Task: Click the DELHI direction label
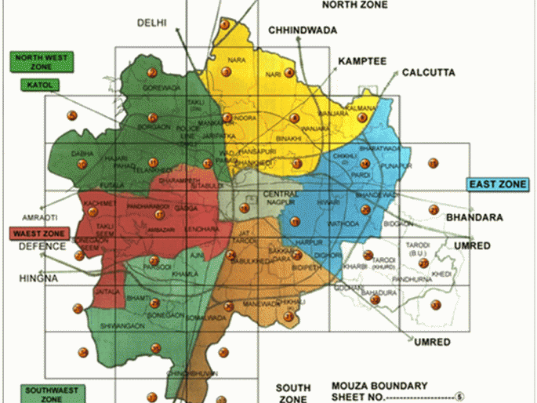(152, 23)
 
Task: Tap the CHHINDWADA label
(303, 31)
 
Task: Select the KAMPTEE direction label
(362, 60)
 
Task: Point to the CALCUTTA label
(428, 72)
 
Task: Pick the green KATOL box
(38, 84)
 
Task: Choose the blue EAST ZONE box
(498, 185)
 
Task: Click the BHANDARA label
(474, 216)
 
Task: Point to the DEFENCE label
(42, 246)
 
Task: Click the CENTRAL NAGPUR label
(280, 197)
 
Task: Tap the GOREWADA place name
(165, 88)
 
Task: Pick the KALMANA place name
(362, 107)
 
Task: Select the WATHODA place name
(325, 223)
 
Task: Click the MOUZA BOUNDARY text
(379, 385)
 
